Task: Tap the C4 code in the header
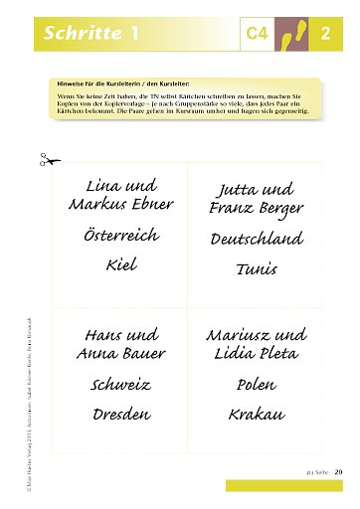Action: coord(259,35)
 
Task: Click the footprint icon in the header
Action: coord(290,34)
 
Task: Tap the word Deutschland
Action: coord(257,240)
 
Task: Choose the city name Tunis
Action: coord(257,268)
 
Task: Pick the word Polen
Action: coord(257,384)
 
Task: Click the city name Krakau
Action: coord(257,413)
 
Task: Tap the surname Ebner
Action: coord(152,204)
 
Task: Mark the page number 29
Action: coord(338,471)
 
